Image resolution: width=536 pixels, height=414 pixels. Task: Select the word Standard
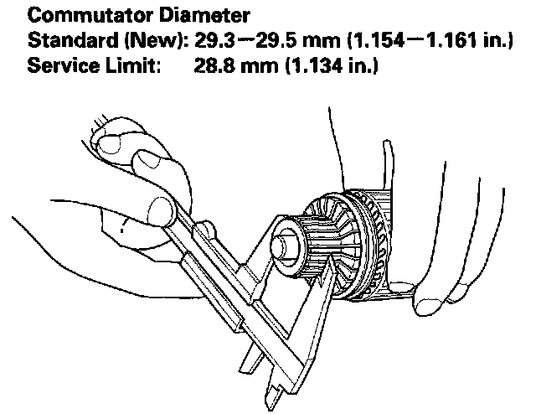66,40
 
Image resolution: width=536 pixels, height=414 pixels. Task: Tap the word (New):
146,40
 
